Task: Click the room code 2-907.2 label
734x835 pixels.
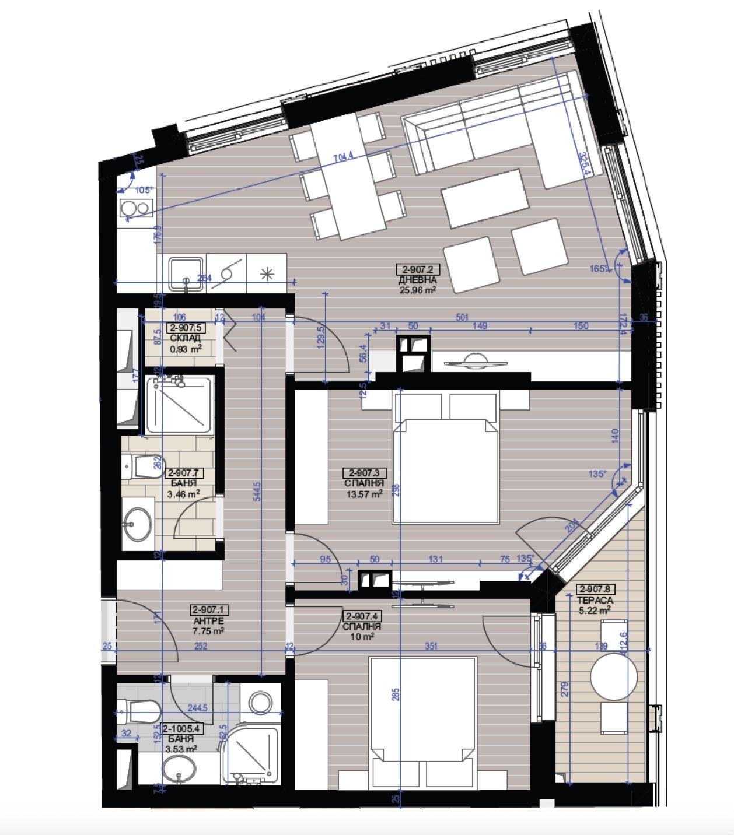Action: [417, 269]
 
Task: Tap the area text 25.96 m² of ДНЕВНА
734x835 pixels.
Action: [417, 290]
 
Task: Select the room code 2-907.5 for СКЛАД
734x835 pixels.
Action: [185, 328]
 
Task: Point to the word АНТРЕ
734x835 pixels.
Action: [209, 620]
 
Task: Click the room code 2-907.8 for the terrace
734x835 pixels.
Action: [595, 590]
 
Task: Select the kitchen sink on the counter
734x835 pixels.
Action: [186, 273]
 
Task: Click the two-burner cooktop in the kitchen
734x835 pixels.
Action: [135, 208]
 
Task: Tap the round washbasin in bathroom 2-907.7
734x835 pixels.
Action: [138, 524]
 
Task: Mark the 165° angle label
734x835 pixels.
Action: [598, 269]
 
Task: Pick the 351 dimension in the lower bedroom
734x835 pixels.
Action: [431, 646]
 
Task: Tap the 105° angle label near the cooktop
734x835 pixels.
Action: [143, 190]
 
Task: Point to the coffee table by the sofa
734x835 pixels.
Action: [484, 198]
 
